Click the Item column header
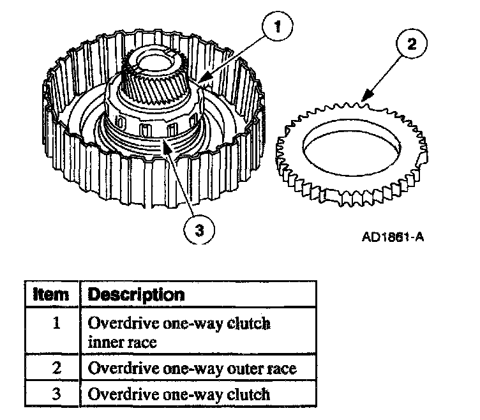click(50, 294)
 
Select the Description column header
click(136, 294)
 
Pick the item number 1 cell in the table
click(56, 322)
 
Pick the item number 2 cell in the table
click(56, 368)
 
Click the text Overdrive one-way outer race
click(192, 368)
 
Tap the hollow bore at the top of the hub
click(154, 61)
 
